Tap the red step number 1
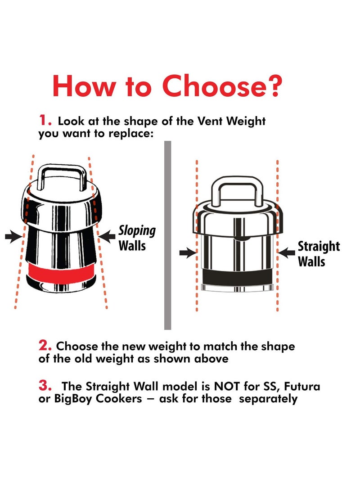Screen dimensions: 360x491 tap(43, 120)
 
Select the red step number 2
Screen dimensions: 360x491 tap(44, 345)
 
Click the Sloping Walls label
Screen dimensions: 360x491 tap(136, 238)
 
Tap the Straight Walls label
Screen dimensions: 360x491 tap(318, 254)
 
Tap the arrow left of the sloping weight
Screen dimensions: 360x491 tap(14, 236)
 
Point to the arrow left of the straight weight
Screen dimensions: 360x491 tap(188, 253)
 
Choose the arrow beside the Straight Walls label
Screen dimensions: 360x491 tap(287, 253)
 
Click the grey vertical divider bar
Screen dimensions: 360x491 tap(168, 235)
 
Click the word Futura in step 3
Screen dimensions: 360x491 tap(302, 386)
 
